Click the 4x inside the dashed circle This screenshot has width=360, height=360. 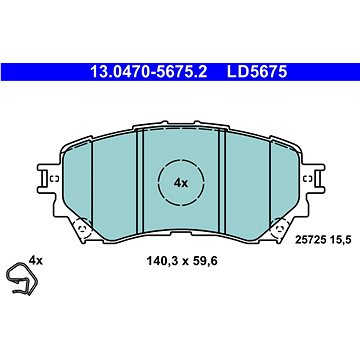(180, 183)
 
